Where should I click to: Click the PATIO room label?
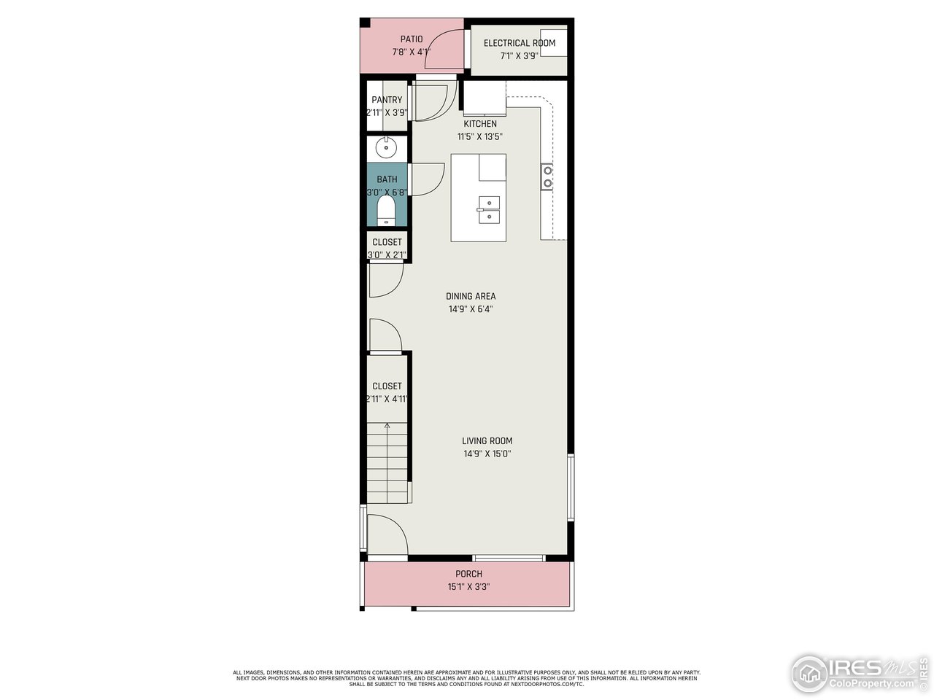tap(411, 39)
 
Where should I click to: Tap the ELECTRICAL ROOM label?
tap(519, 43)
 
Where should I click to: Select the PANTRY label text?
tap(387, 100)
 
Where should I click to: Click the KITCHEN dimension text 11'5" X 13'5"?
tap(479, 136)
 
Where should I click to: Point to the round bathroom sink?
tap(386, 148)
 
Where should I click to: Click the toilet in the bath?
tap(386, 214)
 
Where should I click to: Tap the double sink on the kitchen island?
tap(489, 210)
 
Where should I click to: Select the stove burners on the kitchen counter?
tap(547, 176)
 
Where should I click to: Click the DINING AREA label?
tap(471, 296)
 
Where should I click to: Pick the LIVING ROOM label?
tap(487, 440)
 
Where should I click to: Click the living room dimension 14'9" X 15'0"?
tap(487, 454)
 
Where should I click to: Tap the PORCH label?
tap(468, 574)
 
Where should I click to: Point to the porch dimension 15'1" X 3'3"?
tap(468, 587)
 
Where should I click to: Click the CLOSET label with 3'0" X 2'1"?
tap(387, 242)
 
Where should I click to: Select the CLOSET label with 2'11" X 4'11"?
tap(387, 386)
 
